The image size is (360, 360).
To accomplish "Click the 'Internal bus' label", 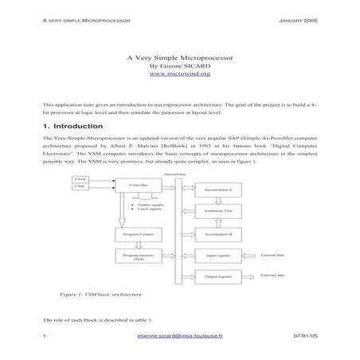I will [x=174, y=173].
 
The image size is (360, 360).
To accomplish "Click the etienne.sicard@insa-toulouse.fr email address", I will [x=180, y=337].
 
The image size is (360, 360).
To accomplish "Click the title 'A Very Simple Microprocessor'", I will [x=180, y=57].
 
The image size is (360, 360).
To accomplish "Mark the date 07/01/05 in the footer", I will [x=305, y=337].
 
